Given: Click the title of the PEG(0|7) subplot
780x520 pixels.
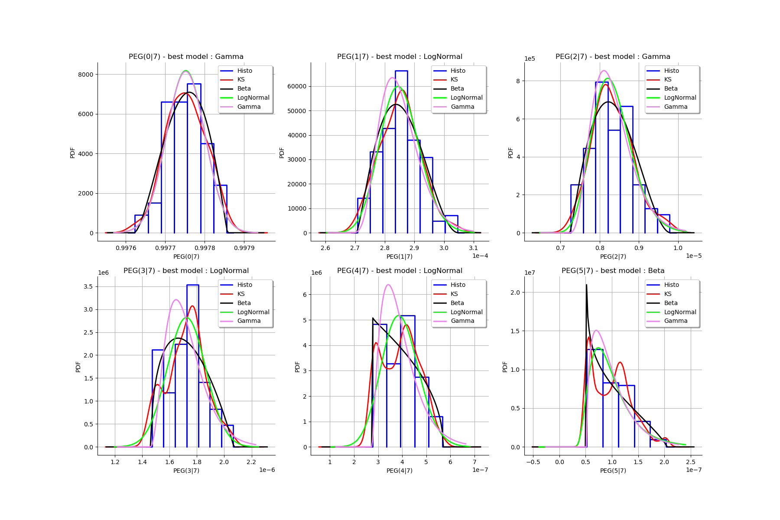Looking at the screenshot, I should coord(186,57).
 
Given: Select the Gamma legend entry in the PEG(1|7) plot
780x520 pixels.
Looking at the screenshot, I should coord(462,107).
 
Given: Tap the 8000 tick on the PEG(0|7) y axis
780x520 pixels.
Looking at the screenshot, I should coord(85,75).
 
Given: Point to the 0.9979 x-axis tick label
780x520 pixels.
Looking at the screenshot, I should coord(244,248).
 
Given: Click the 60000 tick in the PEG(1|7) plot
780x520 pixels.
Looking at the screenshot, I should coord(297,86).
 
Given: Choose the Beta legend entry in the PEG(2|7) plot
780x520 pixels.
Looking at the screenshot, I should coord(670,88).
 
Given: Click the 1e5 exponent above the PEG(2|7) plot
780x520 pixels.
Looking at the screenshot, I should coord(530,58).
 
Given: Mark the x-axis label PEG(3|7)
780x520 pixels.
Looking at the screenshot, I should coord(186,471).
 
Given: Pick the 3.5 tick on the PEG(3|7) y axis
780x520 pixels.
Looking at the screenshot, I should coord(88,286).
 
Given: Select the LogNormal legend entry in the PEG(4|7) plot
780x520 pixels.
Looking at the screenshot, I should coord(466,312).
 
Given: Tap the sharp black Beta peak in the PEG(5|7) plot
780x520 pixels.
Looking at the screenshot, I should coord(586,285).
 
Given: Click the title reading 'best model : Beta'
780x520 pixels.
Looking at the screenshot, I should coord(613,271).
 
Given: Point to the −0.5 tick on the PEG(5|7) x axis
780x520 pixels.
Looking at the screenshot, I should coord(533,462).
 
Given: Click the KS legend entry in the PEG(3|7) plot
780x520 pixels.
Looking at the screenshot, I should coord(241,294).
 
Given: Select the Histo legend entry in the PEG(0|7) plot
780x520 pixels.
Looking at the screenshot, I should coord(244,71).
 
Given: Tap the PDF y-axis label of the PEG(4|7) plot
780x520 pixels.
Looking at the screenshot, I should coord(297,367).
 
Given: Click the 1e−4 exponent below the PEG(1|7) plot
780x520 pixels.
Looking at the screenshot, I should coord(480,256).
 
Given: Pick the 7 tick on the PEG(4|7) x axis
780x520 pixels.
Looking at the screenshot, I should coord(474,462).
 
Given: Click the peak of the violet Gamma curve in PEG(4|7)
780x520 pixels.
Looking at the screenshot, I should coord(388,285).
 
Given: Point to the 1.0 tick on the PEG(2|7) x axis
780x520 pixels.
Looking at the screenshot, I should coord(678,248).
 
